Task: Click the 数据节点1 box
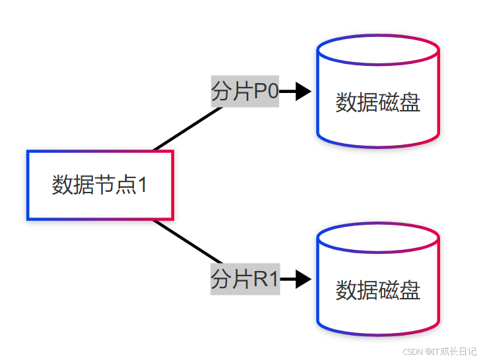[x=100, y=185]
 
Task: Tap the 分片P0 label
[x=244, y=92]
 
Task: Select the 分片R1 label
[x=245, y=280]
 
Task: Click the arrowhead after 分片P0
[x=303, y=92]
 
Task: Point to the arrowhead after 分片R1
[x=303, y=280]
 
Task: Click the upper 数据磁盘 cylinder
[x=378, y=103]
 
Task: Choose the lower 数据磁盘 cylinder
[x=378, y=290]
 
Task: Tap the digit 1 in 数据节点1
[x=141, y=185]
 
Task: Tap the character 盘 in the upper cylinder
[x=410, y=103]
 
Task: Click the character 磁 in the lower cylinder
[x=389, y=290]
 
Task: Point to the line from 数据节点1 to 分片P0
[x=187, y=129]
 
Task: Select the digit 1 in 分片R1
[x=273, y=280]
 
